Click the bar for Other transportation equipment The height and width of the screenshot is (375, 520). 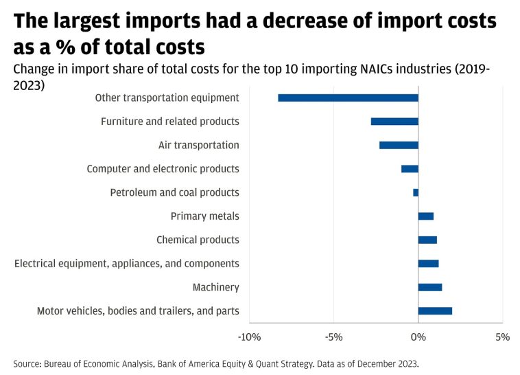point(348,98)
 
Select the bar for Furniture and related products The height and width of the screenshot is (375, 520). point(394,122)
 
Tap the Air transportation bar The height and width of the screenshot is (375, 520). point(399,145)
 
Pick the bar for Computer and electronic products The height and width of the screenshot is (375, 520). point(410,169)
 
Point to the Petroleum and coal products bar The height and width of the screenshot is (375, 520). point(416,192)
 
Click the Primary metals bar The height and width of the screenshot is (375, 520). point(426,216)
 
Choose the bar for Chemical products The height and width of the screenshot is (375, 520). point(427,240)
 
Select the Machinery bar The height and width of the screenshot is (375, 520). point(430,287)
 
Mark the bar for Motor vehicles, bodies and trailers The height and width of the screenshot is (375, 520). point(435,311)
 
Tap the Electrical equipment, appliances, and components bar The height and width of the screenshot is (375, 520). point(428,264)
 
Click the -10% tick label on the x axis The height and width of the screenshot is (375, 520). point(249,337)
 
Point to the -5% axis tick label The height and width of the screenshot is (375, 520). point(333,337)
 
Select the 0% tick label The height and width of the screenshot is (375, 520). point(418,337)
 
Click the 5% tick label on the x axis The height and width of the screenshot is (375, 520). point(503,337)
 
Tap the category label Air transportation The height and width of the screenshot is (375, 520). point(199,145)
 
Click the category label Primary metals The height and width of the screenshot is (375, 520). point(205,216)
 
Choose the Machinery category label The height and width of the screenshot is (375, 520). point(215,287)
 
